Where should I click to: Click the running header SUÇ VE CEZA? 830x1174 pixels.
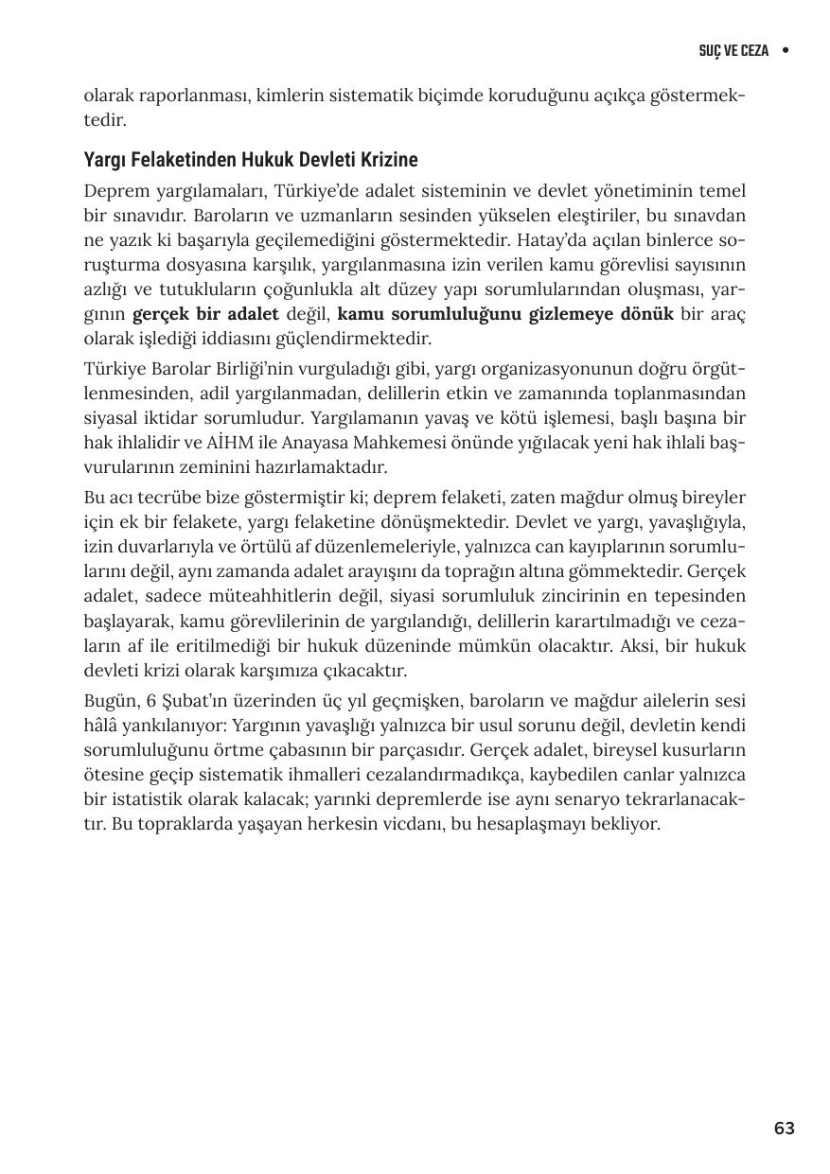tap(733, 50)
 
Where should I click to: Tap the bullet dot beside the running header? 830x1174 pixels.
tap(786, 50)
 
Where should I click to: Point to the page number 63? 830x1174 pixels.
tap(784, 1128)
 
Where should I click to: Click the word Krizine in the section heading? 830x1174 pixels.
tap(385, 159)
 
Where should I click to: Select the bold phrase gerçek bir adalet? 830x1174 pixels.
tap(205, 314)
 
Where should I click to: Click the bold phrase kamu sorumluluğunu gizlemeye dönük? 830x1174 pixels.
tap(505, 314)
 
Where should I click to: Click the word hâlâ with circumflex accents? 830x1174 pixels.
tap(101, 726)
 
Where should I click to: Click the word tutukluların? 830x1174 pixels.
tap(263, 289)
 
